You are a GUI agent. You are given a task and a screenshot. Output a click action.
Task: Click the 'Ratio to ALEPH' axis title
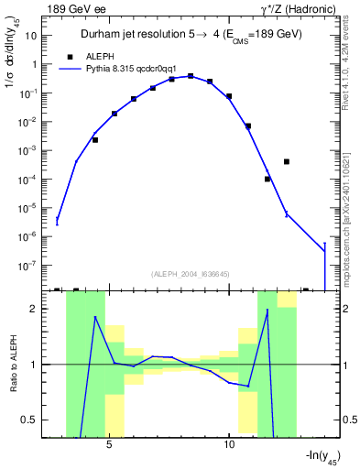pyautogui.click(x=12, y=365)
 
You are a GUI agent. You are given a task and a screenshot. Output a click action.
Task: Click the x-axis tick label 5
pyautogui.click(x=109, y=444)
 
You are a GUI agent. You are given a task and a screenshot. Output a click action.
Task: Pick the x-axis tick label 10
pyautogui.click(x=229, y=444)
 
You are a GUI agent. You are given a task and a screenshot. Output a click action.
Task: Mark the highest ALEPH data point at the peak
pyautogui.click(x=191, y=76)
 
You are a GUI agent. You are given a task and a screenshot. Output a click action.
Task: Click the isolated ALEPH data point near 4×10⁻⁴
pyautogui.click(x=287, y=161)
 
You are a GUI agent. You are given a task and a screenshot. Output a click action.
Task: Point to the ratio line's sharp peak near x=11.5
pyautogui.click(x=267, y=310)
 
